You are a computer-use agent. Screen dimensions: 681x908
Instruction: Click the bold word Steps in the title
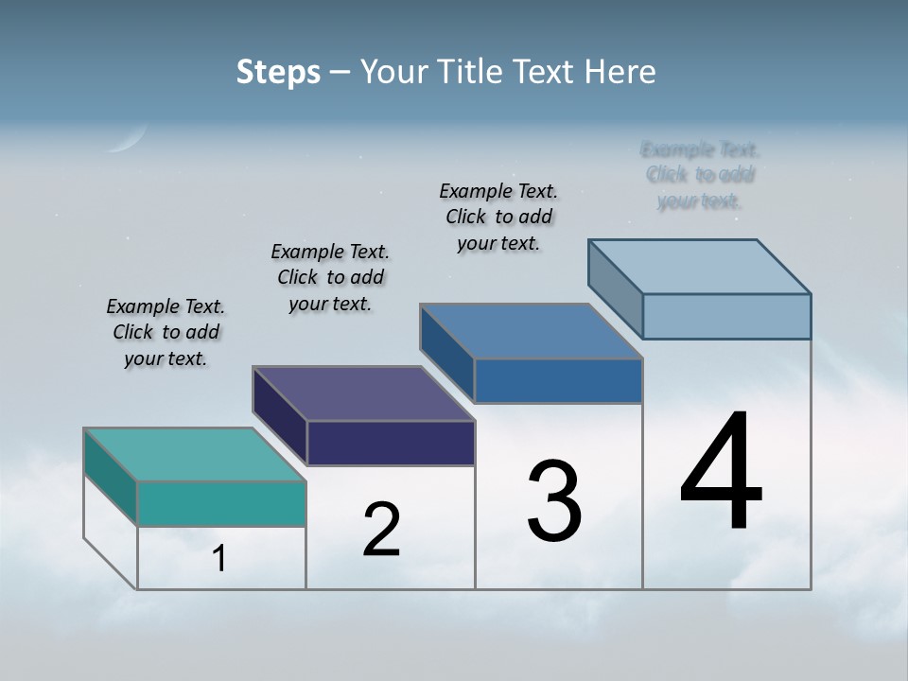[278, 72]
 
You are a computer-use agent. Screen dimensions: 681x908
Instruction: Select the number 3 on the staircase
[554, 501]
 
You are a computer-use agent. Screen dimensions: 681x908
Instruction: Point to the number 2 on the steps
[381, 530]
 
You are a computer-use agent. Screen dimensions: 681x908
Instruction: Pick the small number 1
[219, 558]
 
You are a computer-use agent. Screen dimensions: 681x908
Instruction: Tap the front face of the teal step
[221, 503]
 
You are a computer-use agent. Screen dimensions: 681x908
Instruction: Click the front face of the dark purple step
[391, 443]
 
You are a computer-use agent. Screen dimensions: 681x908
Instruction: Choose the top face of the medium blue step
[532, 331]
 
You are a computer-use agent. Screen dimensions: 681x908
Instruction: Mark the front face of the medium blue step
[558, 380]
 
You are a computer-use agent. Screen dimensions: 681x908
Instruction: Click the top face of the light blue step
[700, 267]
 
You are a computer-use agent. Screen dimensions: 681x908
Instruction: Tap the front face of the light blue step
[726, 316]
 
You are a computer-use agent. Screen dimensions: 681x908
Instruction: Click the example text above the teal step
[166, 332]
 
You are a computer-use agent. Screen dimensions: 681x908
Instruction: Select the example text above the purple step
[330, 277]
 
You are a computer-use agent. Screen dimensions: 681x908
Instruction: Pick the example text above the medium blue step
[498, 217]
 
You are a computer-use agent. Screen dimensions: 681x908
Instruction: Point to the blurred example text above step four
[700, 175]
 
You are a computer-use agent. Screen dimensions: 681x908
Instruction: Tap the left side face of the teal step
[111, 477]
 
